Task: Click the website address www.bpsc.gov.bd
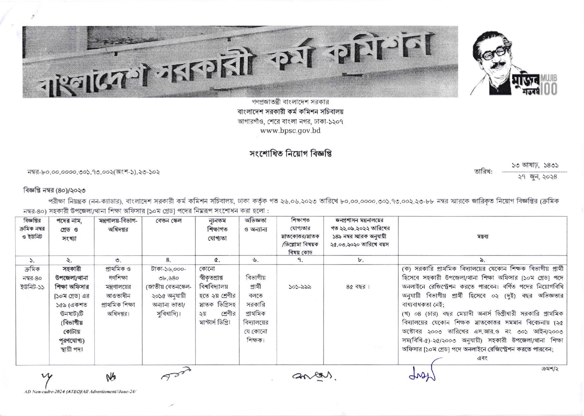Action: (x=290, y=131)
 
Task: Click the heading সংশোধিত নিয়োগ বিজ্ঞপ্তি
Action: (x=290, y=154)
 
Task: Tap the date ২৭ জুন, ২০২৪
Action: (x=537, y=177)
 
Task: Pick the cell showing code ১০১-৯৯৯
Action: (x=300, y=287)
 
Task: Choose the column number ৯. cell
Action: (x=482, y=260)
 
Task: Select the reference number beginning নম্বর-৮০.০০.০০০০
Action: (x=93, y=172)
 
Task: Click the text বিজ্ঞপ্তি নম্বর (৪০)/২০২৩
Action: (x=54, y=191)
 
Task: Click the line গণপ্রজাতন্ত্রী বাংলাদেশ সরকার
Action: (x=290, y=102)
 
